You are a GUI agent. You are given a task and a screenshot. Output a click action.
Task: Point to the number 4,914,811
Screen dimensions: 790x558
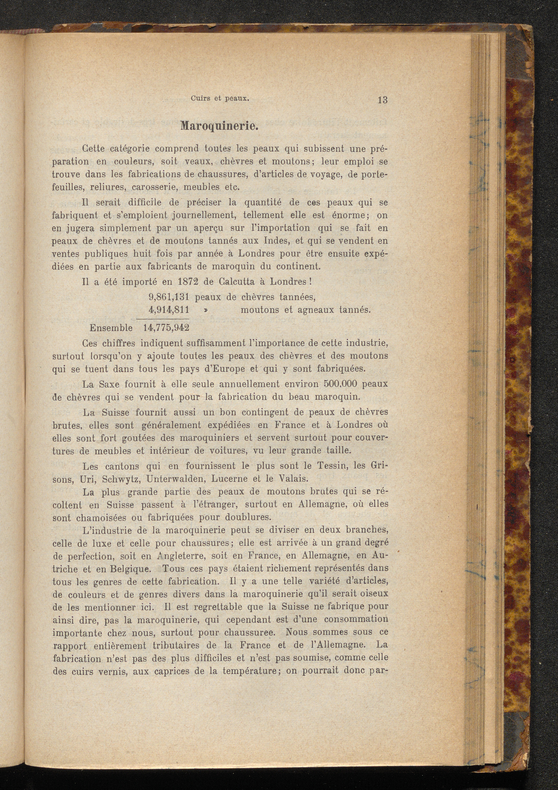tap(169, 310)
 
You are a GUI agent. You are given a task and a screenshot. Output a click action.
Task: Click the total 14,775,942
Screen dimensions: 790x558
tap(166, 328)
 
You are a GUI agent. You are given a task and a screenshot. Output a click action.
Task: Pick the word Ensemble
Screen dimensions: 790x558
tap(111, 328)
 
